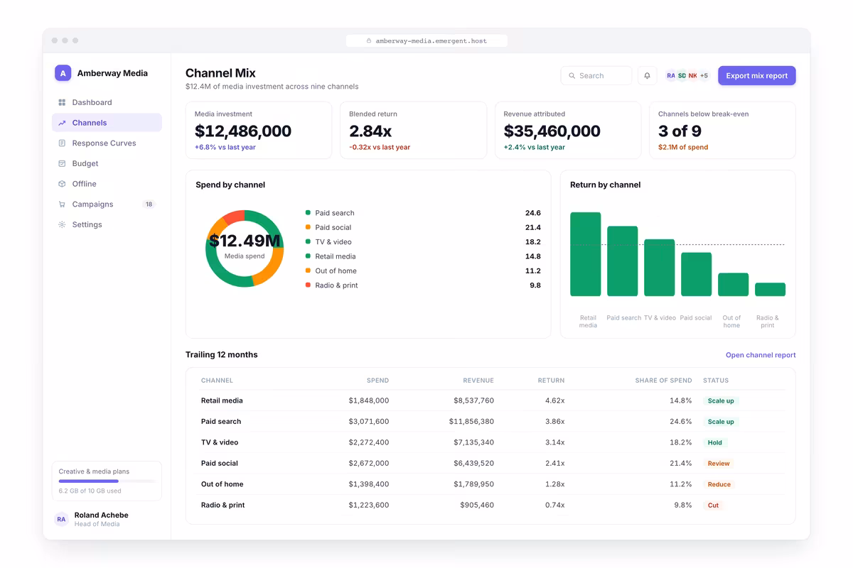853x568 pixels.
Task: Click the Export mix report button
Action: pos(756,75)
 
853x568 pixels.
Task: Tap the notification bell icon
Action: pos(647,75)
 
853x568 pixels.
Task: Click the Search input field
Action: pos(596,75)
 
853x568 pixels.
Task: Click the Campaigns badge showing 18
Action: pos(149,204)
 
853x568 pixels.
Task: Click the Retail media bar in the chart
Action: pos(585,254)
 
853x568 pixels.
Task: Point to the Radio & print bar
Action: pos(770,290)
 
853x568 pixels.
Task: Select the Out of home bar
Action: pos(733,285)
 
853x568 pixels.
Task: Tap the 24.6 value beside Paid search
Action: pos(532,213)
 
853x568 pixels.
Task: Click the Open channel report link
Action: pos(761,354)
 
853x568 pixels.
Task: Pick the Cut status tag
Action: pos(713,505)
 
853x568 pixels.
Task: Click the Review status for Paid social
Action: pos(719,463)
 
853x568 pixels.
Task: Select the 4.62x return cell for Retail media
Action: pos(554,400)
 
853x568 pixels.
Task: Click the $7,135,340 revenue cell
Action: pos(473,442)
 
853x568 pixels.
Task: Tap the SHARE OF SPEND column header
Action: pos(663,380)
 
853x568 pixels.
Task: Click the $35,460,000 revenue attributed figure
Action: pos(552,131)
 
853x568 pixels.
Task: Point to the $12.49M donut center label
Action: pos(245,241)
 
